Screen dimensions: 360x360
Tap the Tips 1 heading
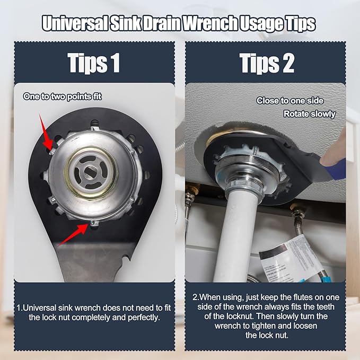click(x=94, y=63)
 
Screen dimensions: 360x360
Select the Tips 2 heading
click(x=267, y=63)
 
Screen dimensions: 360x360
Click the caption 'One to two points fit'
click(x=62, y=96)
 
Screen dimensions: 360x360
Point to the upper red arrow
click(x=47, y=134)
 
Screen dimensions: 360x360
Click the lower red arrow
click(x=73, y=234)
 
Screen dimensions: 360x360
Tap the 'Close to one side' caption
click(x=289, y=101)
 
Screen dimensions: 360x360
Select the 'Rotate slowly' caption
click(x=310, y=114)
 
